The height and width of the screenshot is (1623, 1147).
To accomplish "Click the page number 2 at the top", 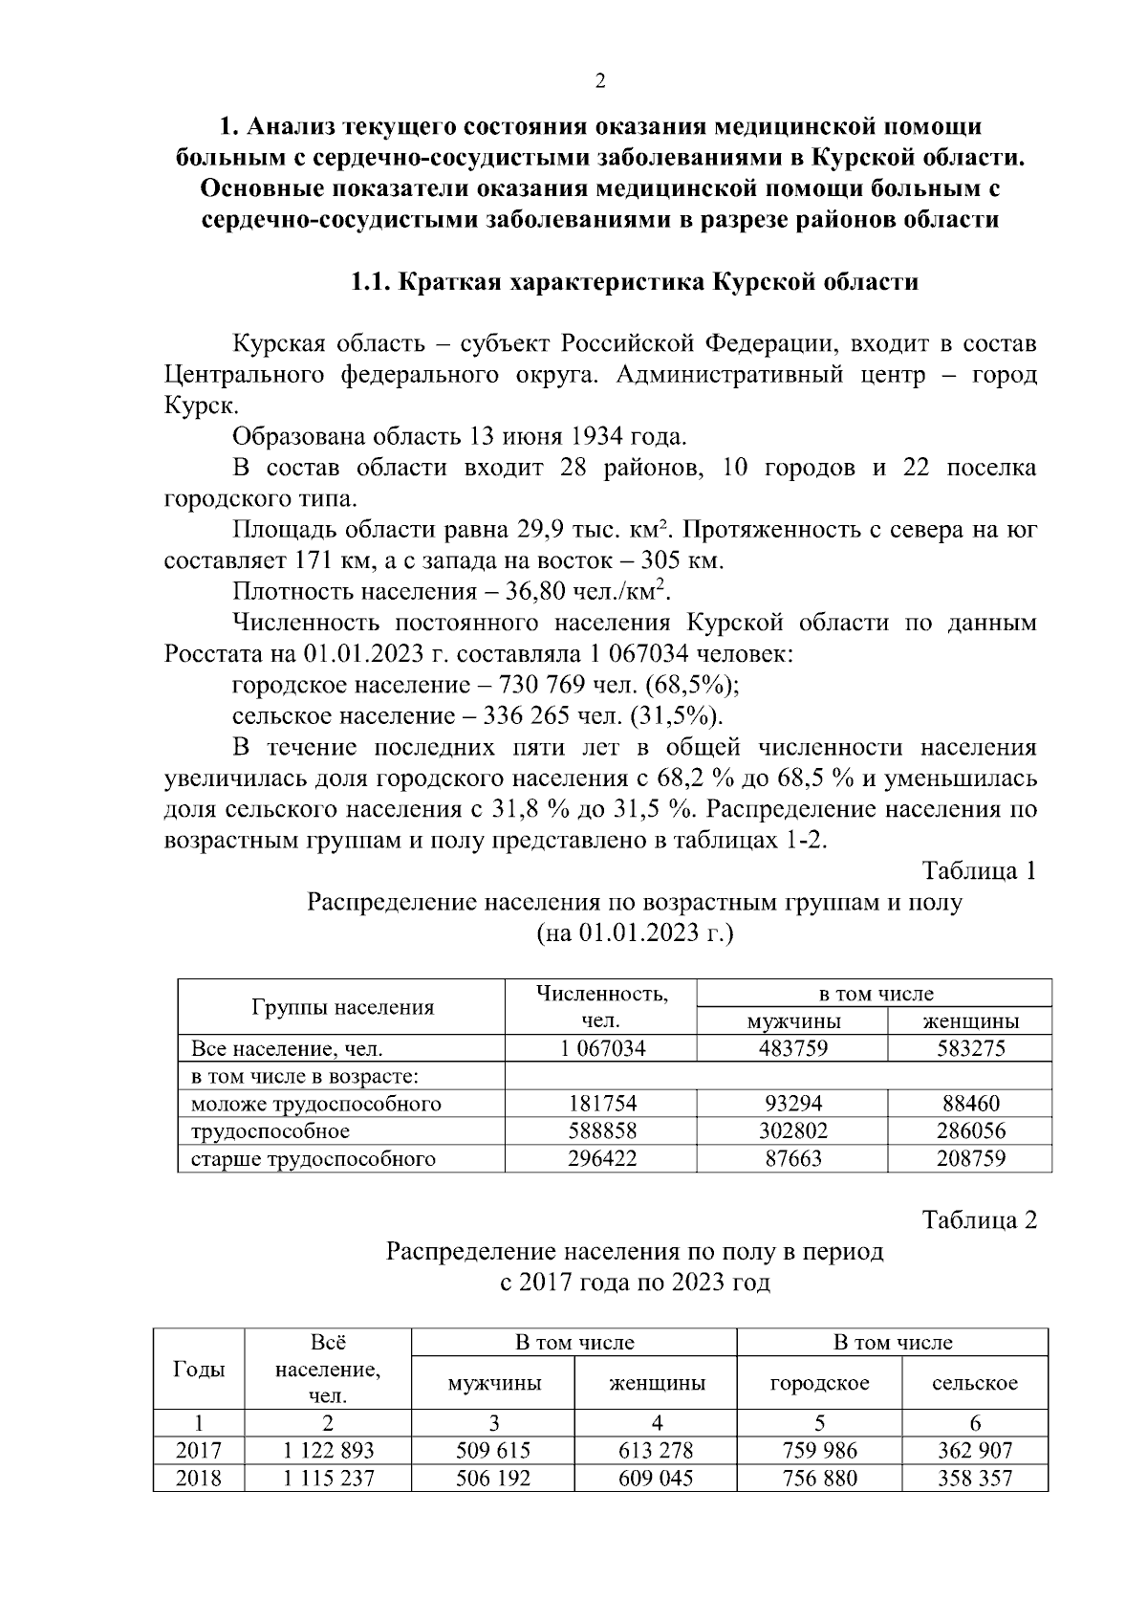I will click(x=600, y=81).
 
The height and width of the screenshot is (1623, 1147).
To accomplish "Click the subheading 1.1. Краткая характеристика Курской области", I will click(x=634, y=282).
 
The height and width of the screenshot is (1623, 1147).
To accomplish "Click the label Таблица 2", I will click(x=978, y=1220).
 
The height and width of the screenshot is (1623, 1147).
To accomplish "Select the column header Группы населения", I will click(x=342, y=1006).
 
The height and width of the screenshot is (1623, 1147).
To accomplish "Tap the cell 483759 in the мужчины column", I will click(x=792, y=1048).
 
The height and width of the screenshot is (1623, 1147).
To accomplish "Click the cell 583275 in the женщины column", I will click(x=969, y=1048).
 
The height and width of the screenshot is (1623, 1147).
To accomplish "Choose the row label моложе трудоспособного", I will click(x=316, y=1104).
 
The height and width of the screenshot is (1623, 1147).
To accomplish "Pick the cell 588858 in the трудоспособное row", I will click(x=601, y=1131).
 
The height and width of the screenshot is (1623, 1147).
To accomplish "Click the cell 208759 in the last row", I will click(x=969, y=1159).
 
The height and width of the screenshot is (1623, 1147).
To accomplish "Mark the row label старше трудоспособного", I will click(x=314, y=1159).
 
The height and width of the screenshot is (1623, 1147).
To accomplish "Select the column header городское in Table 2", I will click(x=819, y=1383).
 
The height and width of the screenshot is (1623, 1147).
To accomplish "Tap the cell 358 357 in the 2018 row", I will click(x=974, y=1479).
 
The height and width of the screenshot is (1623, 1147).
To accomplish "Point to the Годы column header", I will click(x=199, y=1369).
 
